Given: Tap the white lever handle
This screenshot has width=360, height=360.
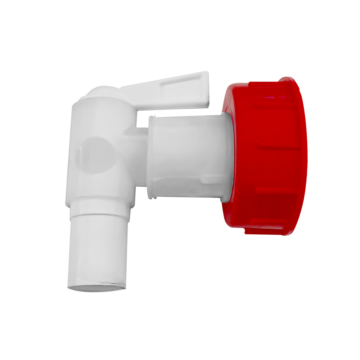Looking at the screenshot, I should coord(168,90).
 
